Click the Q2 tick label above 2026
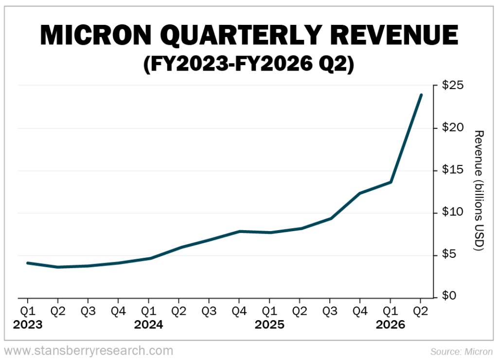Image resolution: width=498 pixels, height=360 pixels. coord(421,310)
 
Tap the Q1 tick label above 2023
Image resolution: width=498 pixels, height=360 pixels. coord(28,310)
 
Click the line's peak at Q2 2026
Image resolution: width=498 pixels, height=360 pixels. coord(421,95)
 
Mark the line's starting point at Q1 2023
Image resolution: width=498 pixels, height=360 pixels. coord(28,263)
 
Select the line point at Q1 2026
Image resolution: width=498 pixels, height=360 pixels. coord(391,182)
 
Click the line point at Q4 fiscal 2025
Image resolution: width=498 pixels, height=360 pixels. coord(360,193)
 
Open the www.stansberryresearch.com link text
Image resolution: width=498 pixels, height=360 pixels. coord(88,350)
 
